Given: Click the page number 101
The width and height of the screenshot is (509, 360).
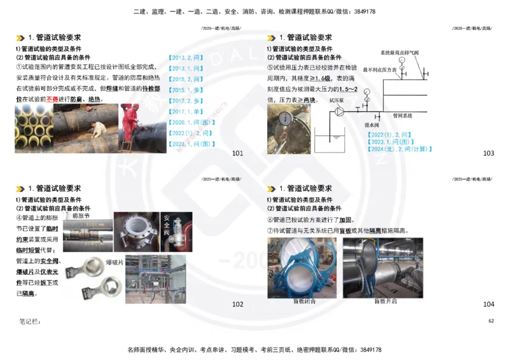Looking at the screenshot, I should pos(237,153).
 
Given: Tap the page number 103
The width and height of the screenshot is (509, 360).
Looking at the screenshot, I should pos(489,153).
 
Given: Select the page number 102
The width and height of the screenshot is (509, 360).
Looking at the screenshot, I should pos(237,304).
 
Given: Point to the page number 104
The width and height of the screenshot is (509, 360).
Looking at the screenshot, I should pos(489,304).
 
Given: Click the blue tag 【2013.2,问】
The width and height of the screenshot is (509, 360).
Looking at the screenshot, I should pos(185,57).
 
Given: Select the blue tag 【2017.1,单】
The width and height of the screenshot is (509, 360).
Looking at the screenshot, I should pos(185,111).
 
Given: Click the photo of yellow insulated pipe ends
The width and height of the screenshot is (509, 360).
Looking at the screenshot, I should pos(33,129).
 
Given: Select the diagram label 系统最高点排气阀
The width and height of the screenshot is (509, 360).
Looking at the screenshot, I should pos(400,53).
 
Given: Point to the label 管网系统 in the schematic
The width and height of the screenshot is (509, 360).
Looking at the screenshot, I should pos(402,116).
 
